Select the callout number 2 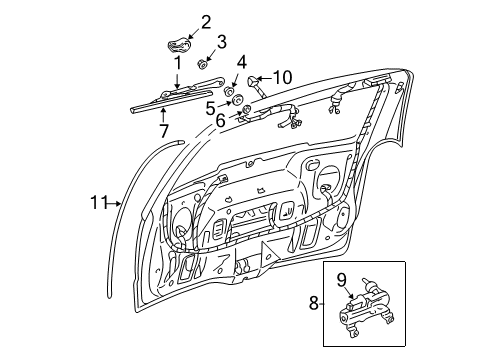point(206,21)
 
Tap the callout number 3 point(223,42)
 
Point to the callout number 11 point(98,202)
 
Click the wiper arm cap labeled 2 point(180,45)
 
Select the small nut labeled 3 point(204,64)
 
